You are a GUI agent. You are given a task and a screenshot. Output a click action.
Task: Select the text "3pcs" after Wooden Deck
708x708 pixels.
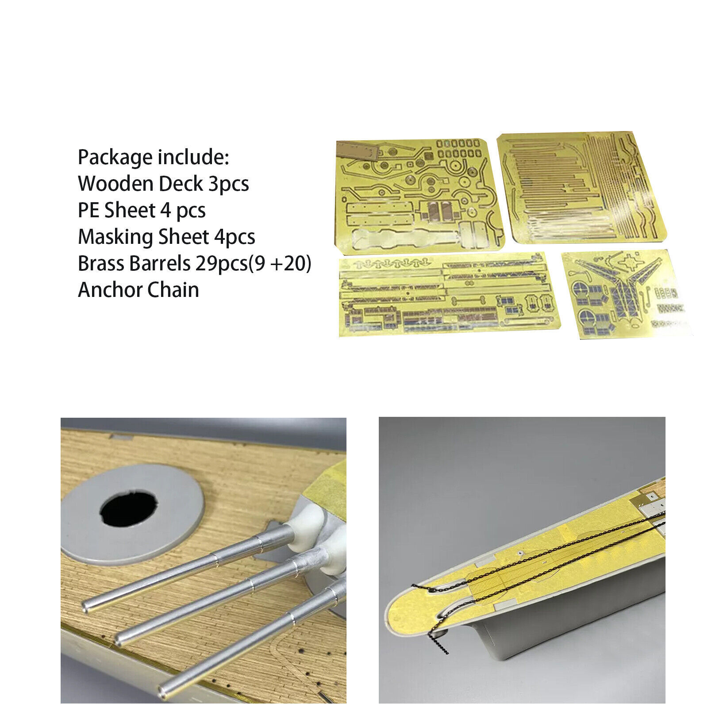coord(228,184)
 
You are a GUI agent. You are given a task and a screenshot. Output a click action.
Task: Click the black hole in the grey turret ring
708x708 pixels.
coord(128,508)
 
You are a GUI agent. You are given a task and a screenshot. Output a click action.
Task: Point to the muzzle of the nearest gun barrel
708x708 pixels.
coord(165,691)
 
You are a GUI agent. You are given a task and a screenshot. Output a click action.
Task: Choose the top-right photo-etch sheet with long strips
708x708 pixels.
coord(582,187)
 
